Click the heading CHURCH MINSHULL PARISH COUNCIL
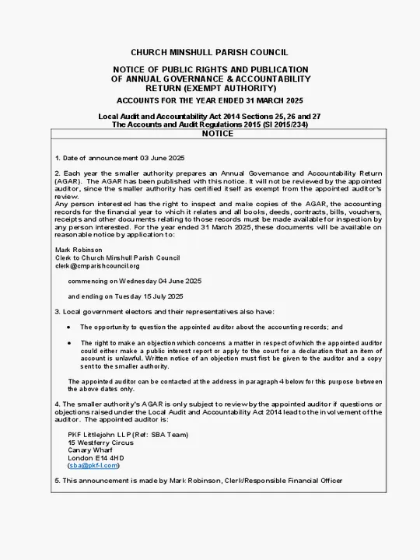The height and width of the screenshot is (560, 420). [209, 52]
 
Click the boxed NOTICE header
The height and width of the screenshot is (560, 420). [217, 134]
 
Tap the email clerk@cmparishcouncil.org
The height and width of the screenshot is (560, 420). [97, 265]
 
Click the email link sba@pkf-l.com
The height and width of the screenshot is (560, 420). [92, 466]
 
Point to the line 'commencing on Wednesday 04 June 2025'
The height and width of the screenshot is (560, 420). [134, 281]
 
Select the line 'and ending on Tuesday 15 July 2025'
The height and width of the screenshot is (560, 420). [125, 296]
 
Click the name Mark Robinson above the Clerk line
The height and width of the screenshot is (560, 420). [73, 250]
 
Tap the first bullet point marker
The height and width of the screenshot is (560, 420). [68, 327]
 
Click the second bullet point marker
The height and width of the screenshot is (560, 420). [68, 342]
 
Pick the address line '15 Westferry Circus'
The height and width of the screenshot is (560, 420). [100, 443]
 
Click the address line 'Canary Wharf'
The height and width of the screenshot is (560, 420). [90, 450]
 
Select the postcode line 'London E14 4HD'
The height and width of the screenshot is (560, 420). [96, 458]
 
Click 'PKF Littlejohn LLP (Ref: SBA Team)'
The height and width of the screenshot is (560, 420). [128, 435]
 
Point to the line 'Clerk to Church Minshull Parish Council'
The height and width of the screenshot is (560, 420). [117, 257]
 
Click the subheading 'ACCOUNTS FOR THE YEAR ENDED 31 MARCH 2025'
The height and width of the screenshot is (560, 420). [209, 101]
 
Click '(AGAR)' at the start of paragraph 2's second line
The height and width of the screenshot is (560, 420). [67, 180]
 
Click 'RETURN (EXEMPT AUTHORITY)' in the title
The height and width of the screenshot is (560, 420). [209, 88]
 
